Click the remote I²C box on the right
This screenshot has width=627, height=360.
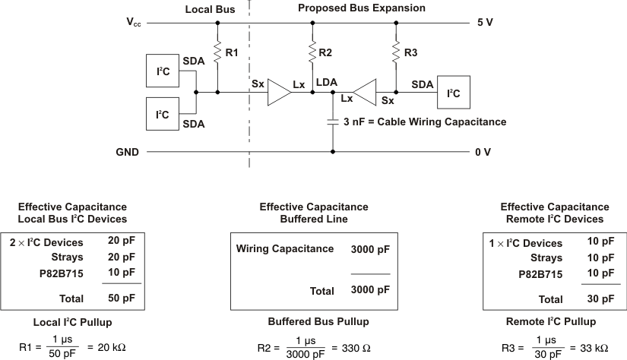[452, 93]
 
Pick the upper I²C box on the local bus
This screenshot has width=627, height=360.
[163, 71]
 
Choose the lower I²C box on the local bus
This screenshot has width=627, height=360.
[163, 115]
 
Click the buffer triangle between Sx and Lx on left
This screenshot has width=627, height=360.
[280, 93]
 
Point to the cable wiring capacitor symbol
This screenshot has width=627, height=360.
[333, 121]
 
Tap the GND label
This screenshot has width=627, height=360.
[127, 152]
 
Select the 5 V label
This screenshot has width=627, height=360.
[484, 23]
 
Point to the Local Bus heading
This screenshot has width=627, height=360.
[209, 8]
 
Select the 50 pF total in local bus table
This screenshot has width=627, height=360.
[122, 298]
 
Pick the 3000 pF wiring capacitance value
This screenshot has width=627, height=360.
[370, 249]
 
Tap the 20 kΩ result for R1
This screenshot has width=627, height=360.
[111, 347]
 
